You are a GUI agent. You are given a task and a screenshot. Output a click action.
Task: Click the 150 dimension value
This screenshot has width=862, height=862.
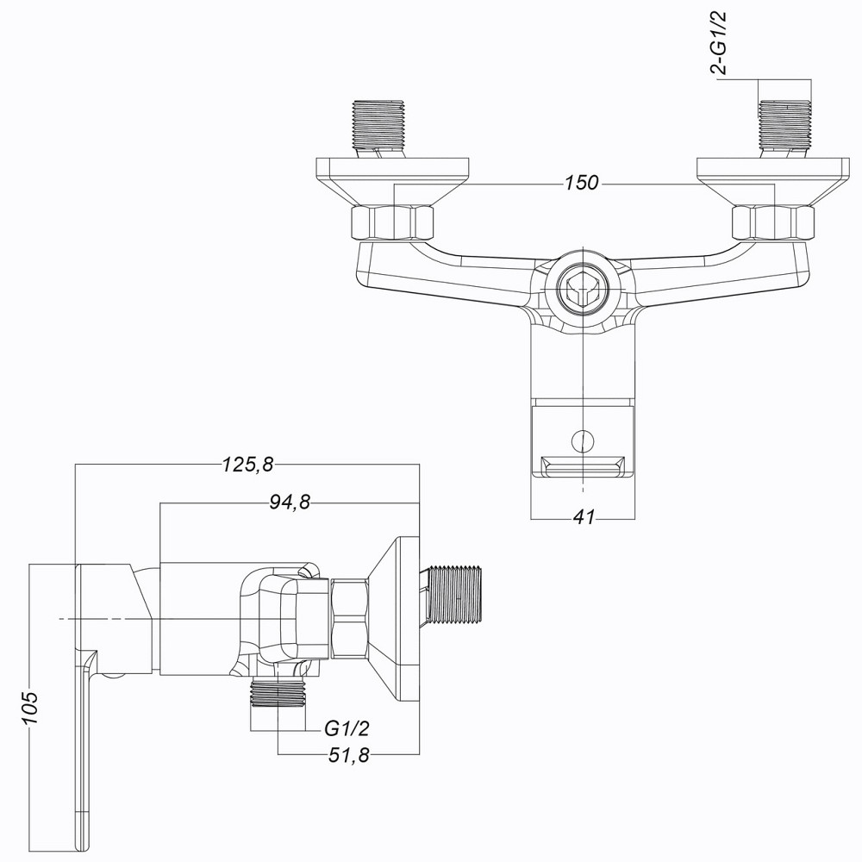click(583, 184)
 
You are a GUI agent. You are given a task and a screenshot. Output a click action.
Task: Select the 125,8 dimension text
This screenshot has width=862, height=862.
click(247, 465)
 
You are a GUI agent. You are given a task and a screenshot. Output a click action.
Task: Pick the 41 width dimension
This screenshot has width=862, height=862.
click(584, 517)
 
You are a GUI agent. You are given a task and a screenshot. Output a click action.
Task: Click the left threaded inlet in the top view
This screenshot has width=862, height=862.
click(379, 125)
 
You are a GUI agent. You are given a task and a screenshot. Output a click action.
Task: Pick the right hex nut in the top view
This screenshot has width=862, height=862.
click(772, 223)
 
